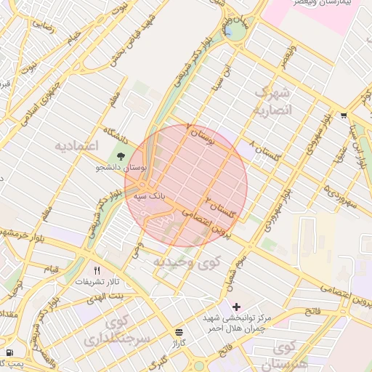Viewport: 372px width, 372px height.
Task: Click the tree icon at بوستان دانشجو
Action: coord(121,155)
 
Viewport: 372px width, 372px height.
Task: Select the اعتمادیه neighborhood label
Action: coord(76,145)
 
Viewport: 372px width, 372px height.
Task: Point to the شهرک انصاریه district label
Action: coord(272,102)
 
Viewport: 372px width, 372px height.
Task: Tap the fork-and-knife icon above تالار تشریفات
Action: coord(97,270)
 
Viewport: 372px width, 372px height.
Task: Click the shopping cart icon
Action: coord(343,115)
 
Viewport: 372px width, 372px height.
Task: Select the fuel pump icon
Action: coord(9,352)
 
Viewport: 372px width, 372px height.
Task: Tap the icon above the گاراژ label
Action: coord(179,331)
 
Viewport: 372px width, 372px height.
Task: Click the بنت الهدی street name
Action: coord(105,296)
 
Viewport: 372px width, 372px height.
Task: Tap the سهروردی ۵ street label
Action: coord(344,195)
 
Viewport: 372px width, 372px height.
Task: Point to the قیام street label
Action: coord(52,269)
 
